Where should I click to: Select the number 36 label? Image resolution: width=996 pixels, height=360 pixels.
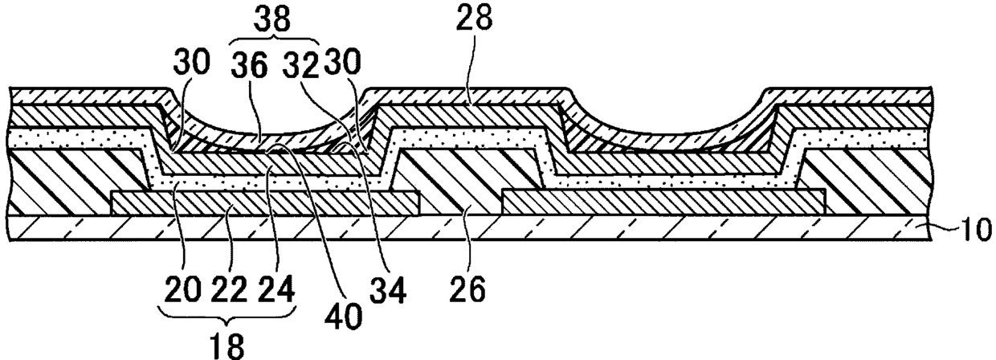click(x=250, y=64)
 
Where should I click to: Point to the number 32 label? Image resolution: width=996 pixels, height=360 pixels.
click(x=301, y=64)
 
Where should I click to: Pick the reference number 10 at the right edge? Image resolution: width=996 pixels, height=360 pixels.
click(x=976, y=230)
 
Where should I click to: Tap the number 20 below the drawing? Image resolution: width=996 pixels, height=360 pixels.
click(x=182, y=288)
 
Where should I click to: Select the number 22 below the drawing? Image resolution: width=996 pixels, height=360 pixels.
click(x=230, y=288)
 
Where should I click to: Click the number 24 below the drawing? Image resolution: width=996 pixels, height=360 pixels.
click(x=276, y=288)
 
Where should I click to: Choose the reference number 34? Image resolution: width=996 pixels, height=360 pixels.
click(x=388, y=290)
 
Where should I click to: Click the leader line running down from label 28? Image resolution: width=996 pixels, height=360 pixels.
click(x=473, y=69)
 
